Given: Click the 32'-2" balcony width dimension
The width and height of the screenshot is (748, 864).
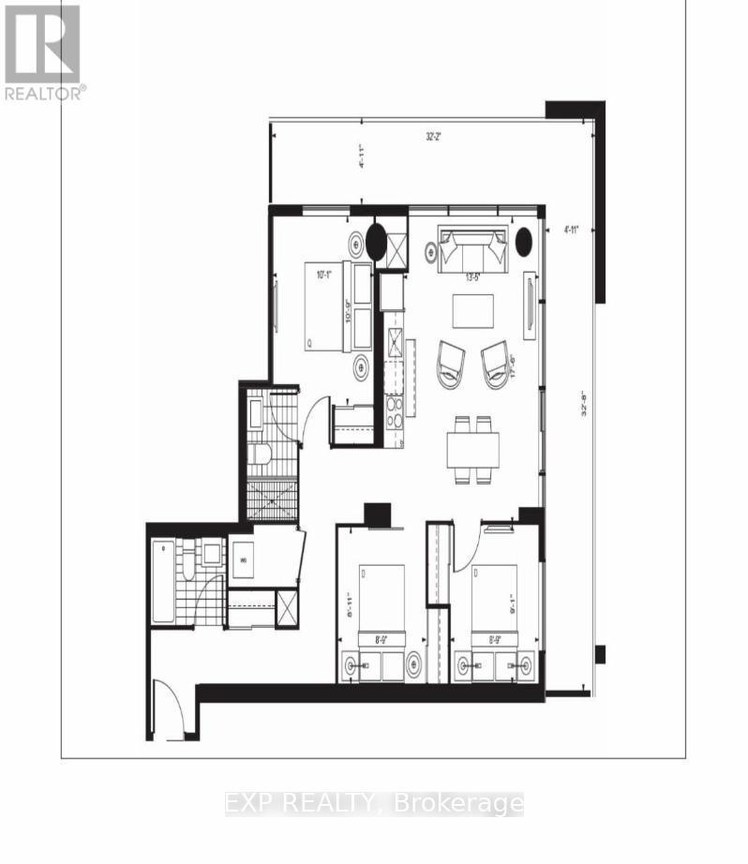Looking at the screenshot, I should (x=434, y=136).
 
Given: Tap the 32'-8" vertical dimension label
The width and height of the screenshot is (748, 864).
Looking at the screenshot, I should (x=584, y=395).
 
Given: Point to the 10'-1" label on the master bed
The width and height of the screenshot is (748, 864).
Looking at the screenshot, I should (x=324, y=276).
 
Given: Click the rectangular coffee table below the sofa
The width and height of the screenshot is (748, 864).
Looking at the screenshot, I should (x=474, y=311).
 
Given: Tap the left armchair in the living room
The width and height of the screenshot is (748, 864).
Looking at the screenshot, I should (x=451, y=364).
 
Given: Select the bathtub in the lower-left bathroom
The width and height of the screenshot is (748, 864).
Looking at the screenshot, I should (x=163, y=581).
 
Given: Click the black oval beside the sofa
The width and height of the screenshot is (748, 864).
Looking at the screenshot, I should (x=524, y=241).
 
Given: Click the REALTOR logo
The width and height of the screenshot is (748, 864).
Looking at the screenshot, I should (x=43, y=52).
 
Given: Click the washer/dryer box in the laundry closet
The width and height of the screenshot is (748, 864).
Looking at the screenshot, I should (x=243, y=559).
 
